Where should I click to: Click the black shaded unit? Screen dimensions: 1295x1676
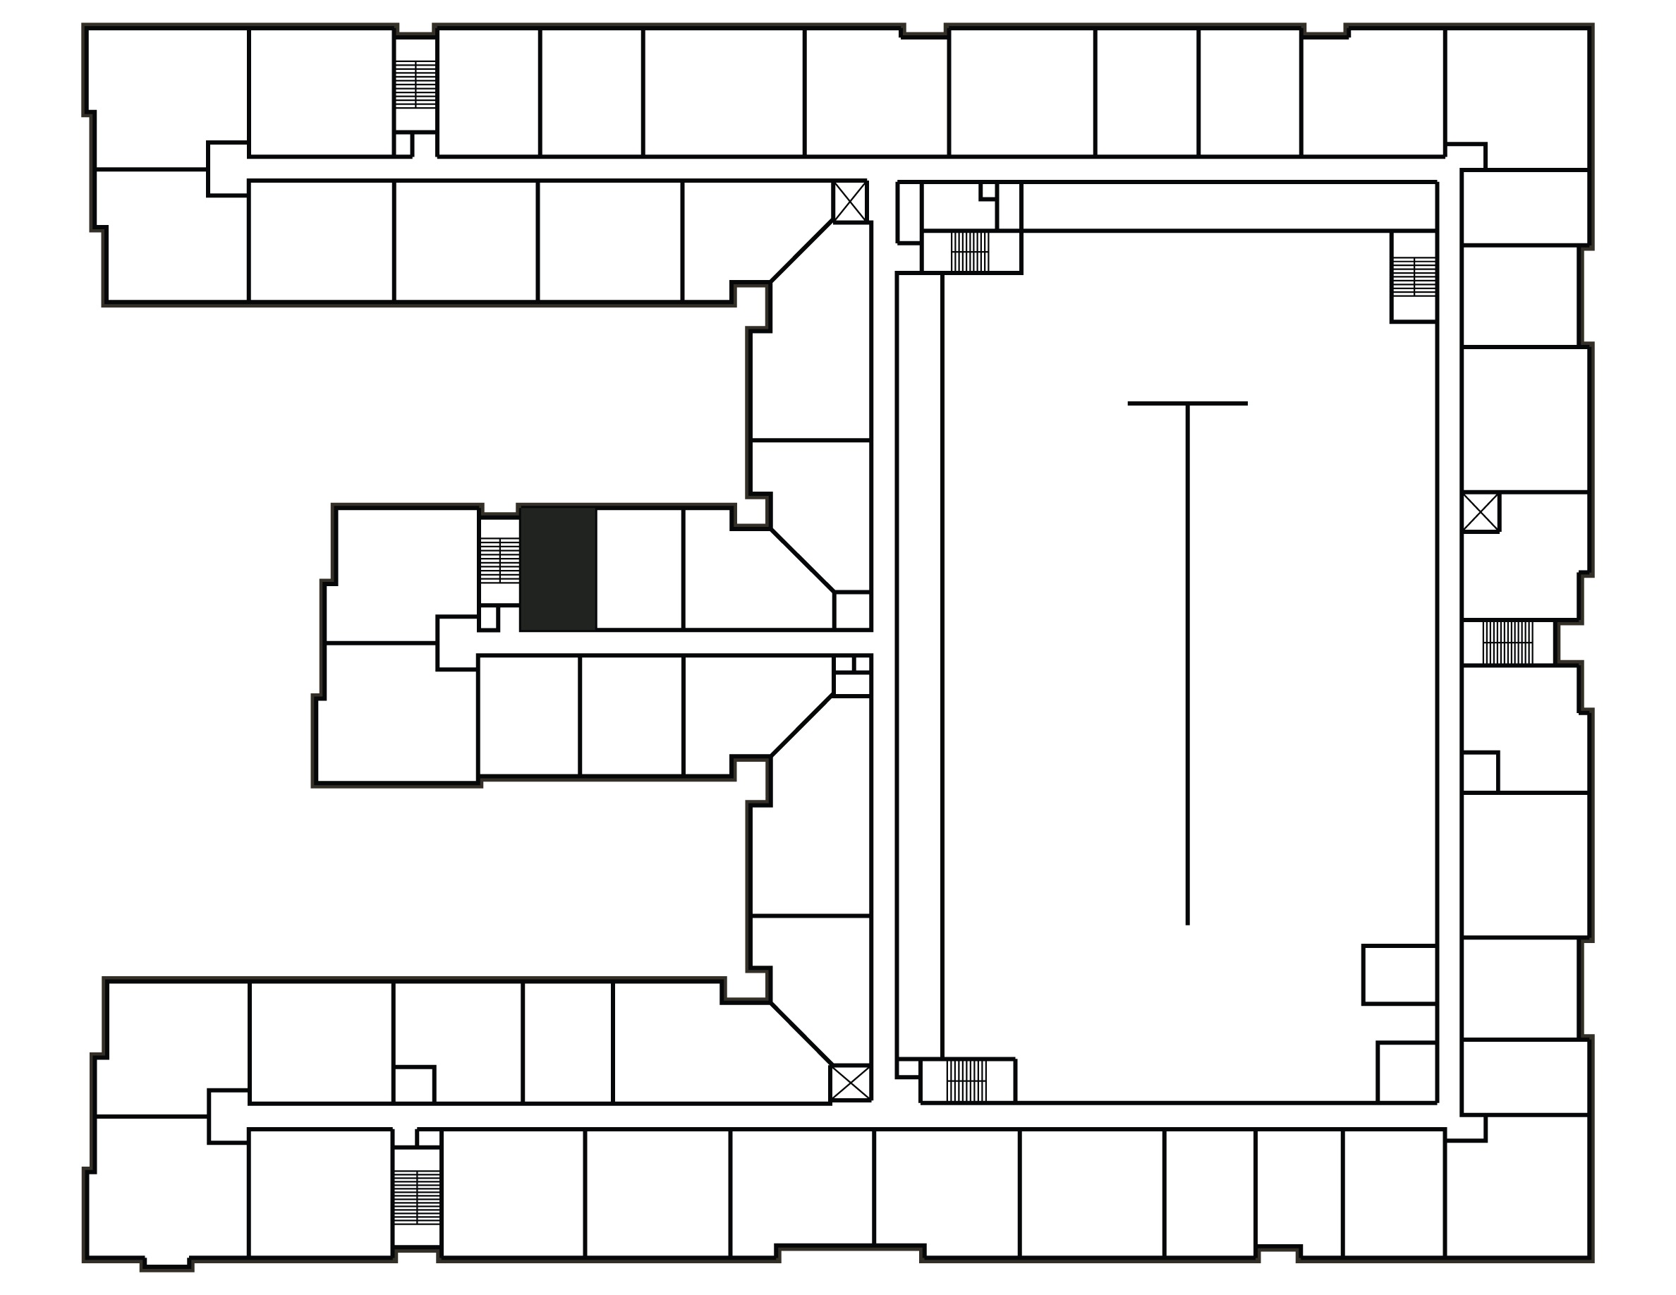pyautogui.click(x=558, y=569)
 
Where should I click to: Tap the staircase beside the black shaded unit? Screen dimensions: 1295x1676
pyautogui.click(x=499, y=560)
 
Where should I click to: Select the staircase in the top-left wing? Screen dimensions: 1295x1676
pyautogui.click(x=415, y=85)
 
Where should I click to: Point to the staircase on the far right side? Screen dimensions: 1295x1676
pyautogui.click(x=1507, y=643)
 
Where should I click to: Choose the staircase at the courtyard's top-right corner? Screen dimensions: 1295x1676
pyautogui.click(x=1414, y=277)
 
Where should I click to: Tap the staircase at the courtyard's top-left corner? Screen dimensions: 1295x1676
pyautogui.click(x=970, y=252)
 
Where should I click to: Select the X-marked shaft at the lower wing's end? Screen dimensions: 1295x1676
pyautogui.click(x=850, y=1083)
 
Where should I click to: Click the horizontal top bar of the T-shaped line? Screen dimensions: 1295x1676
pyautogui.click(x=1187, y=403)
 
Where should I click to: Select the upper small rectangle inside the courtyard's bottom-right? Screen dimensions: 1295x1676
pyautogui.click(x=1399, y=974)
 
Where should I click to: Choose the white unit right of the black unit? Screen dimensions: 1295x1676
pyautogui.click(x=639, y=569)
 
